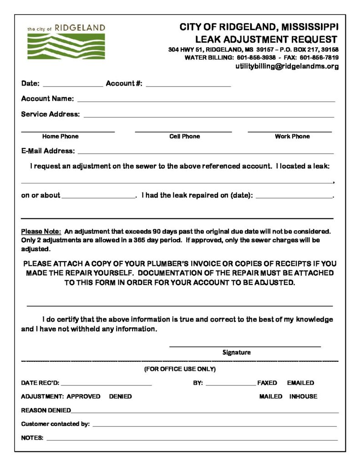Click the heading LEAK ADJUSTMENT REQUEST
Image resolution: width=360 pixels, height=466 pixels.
click(x=266, y=40)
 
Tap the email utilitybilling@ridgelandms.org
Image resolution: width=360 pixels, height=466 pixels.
click(x=287, y=66)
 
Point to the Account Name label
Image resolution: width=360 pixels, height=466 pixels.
click(x=47, y=99)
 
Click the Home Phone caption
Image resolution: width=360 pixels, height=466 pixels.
click(x=60, y=137)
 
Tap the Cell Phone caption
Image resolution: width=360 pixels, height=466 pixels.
click(x=184, y=137)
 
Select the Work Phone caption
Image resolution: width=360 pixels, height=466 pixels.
click(x=292, y=137)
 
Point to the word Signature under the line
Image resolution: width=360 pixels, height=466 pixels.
click(x=236, y=352)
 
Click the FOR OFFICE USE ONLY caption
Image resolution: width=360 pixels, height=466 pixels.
click(x=180, y=369)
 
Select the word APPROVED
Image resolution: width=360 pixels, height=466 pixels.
click(x=83, y=397)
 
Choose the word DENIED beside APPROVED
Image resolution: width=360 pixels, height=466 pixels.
click(x=120, y=397)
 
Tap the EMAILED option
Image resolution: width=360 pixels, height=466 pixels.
click(x=300, y=383)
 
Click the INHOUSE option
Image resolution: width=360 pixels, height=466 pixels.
click(x=303, y=397)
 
